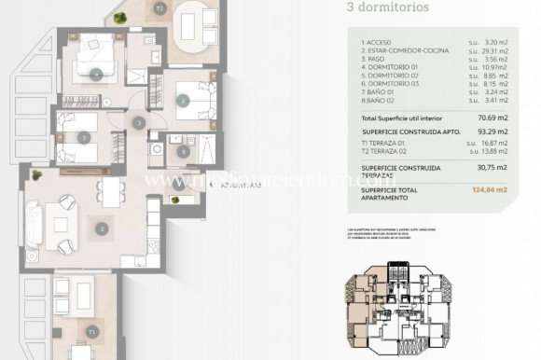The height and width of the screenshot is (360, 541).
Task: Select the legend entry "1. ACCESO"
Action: coord(377,43)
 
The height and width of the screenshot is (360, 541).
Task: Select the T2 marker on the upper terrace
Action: coord(160,8)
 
